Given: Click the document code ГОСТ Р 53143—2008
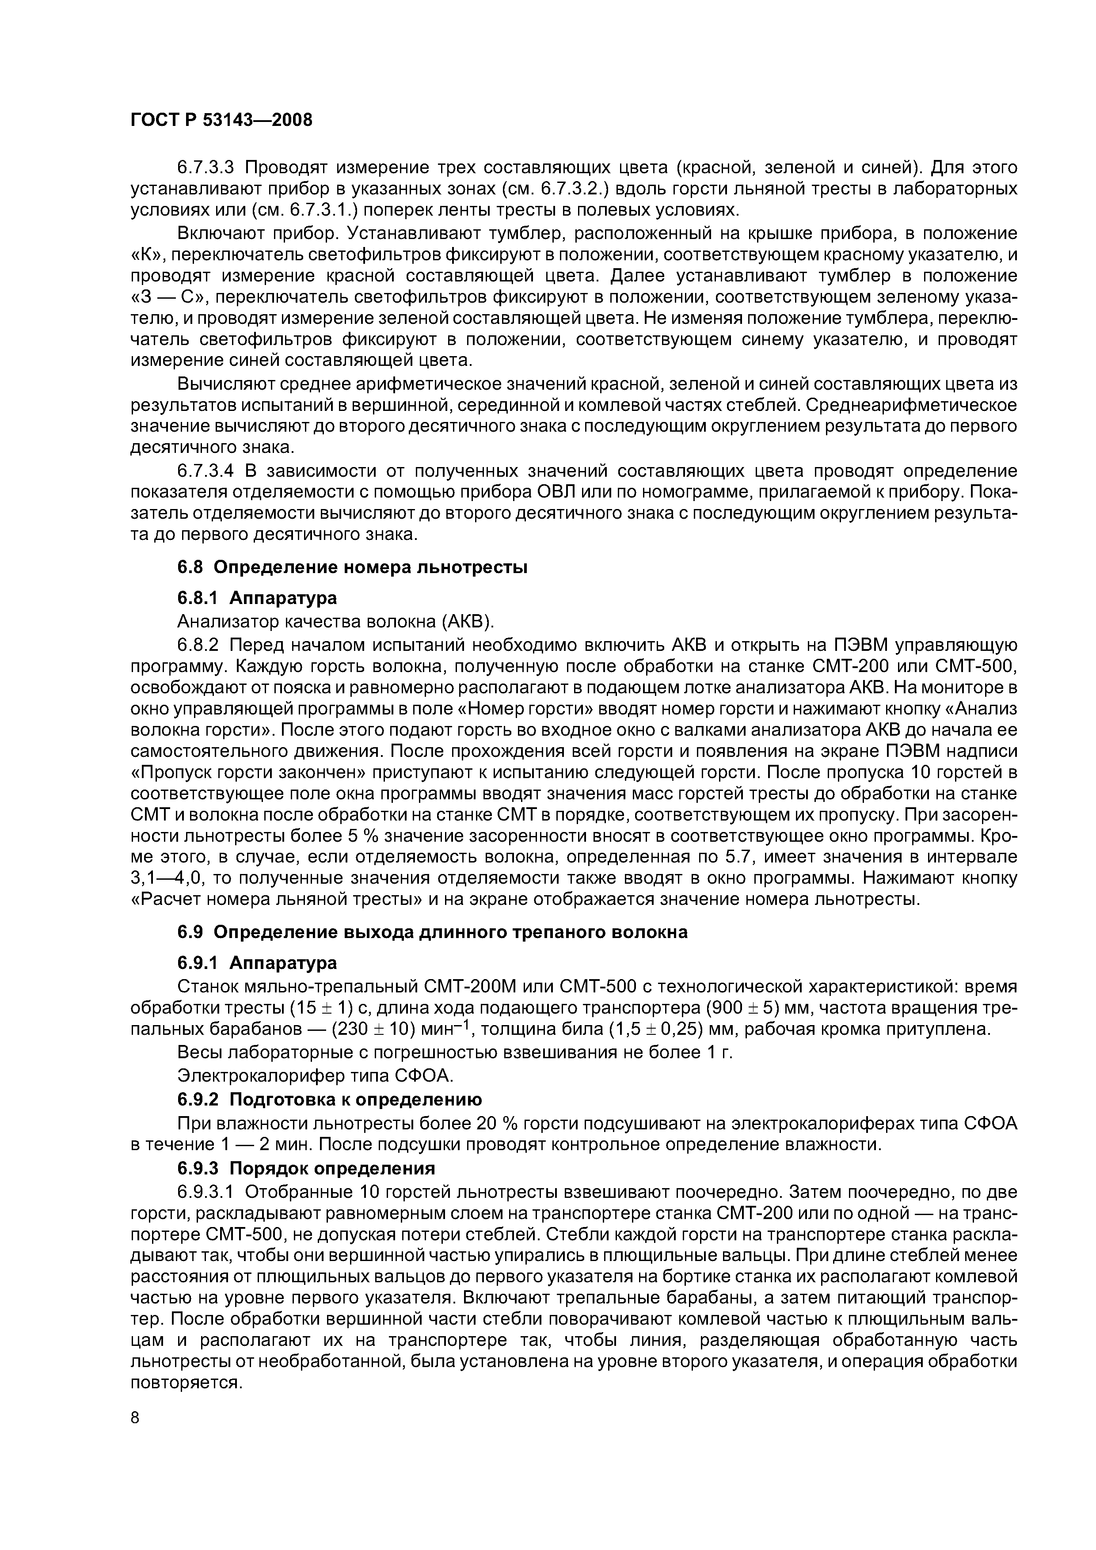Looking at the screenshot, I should (x=221, y=120).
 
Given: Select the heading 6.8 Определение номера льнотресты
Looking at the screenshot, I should (x=352, y=567).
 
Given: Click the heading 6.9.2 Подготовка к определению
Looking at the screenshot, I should (x=330, y=1099).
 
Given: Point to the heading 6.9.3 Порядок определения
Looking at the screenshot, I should (x=306, y=1168).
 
